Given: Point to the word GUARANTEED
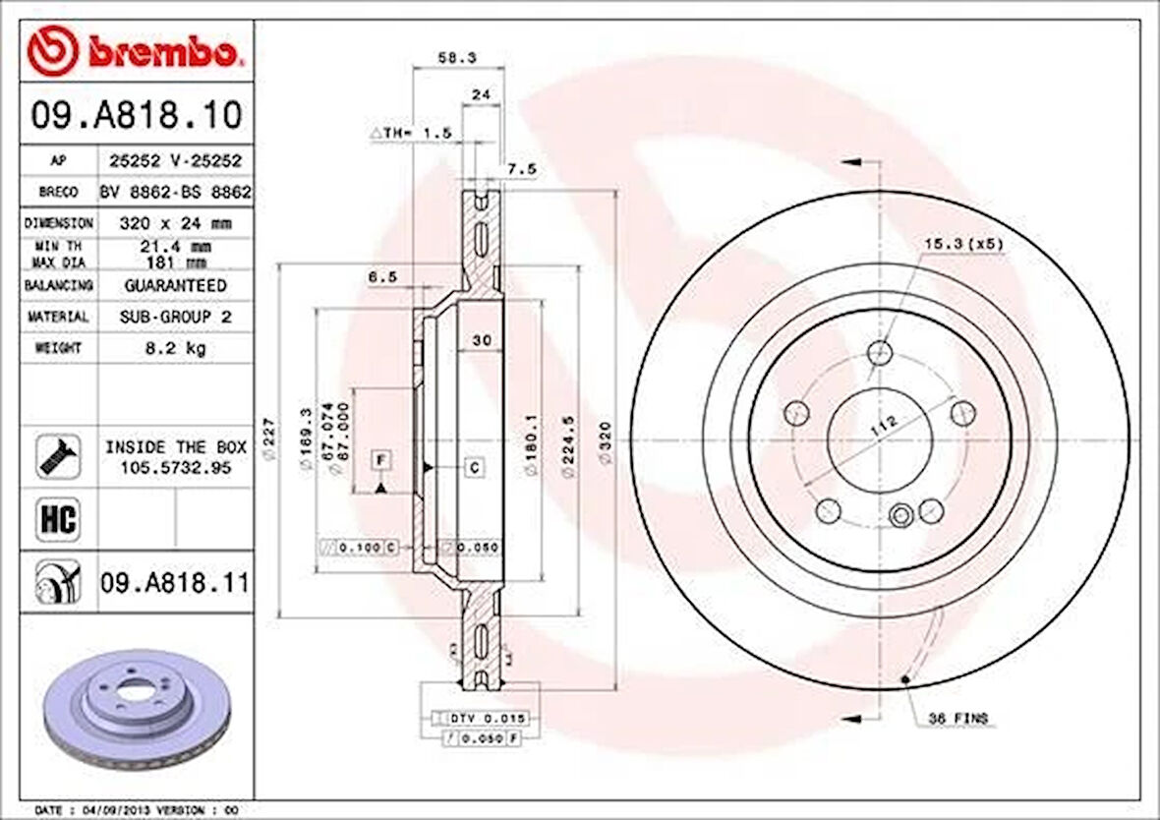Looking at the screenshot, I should click(x=175, y=285).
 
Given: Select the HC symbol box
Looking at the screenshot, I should click(x=58, y=518).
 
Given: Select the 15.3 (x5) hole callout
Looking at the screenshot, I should click(x=963, y=243).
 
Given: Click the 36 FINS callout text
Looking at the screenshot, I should click(x=957, y=719).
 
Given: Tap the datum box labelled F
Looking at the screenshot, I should click(x=381, y=459).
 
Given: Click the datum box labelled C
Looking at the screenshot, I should click(x=474, y=467).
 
